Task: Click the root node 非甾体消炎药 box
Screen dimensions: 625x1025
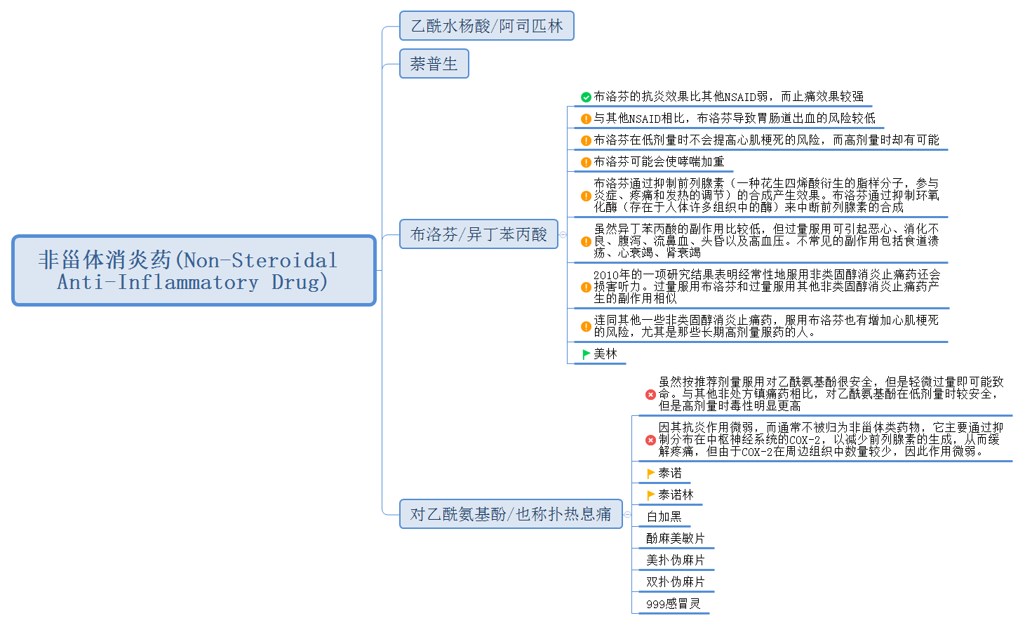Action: click(x=194, y=271)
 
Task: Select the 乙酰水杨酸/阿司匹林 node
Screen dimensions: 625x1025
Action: click(x=486, y=26)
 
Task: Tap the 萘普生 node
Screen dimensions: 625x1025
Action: click(x=434, y=64)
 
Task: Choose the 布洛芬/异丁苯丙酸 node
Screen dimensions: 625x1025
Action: click(x=478, y=234)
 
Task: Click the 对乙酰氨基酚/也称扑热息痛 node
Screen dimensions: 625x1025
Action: click(x=510, y=514)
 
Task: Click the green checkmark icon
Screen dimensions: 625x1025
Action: click(x=586, y=98)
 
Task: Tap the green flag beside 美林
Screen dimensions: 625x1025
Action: click(x=586, y=354)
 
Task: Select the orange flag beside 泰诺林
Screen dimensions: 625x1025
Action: click(x=650, y=495)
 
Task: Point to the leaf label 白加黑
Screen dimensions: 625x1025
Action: click(x=664, y=517)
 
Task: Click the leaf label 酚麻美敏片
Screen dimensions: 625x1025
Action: click(x=675, y=539)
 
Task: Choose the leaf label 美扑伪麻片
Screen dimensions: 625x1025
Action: click(x=675, y=560)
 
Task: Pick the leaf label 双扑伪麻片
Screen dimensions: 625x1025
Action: click(x=675, y=582)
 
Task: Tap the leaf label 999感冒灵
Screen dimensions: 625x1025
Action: click(x=673, y=604)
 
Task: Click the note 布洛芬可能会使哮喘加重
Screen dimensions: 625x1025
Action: click(x=659, y=162)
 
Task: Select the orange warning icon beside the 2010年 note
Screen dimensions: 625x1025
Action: click(x=586, y=287)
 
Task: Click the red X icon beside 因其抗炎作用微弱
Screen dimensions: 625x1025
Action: click(x=650, y=440)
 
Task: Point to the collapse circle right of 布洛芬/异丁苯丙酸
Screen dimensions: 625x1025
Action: click(x=563, y=234)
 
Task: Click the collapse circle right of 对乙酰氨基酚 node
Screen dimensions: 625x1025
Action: click(x=627, y=514)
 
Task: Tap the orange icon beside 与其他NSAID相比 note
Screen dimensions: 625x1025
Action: click(x=586, y=119)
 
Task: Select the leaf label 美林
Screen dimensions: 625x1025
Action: click(x=605, y=354)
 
